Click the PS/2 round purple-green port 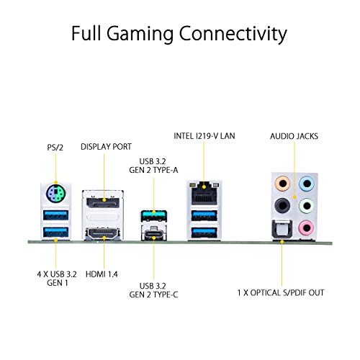pos(55,194)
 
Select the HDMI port pos(103,233)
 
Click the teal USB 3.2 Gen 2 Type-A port pos(154,215)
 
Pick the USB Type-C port pos(154,233)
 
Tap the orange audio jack pos(282,184)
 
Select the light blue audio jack pos(307,184)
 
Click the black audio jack pos(282,205)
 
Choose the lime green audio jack pos(307,205)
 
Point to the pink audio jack pos(307,228)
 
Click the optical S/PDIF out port pos(282,230)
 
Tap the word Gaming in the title pos(140,34)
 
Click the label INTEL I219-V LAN pos(204,136)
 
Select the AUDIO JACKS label pos(294,136)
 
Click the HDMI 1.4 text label pos(102,274)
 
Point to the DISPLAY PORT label pos(106,147)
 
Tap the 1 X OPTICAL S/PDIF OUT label pos(281,293)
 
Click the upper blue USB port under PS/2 pos(55,215)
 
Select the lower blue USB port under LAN pos(204,233)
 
